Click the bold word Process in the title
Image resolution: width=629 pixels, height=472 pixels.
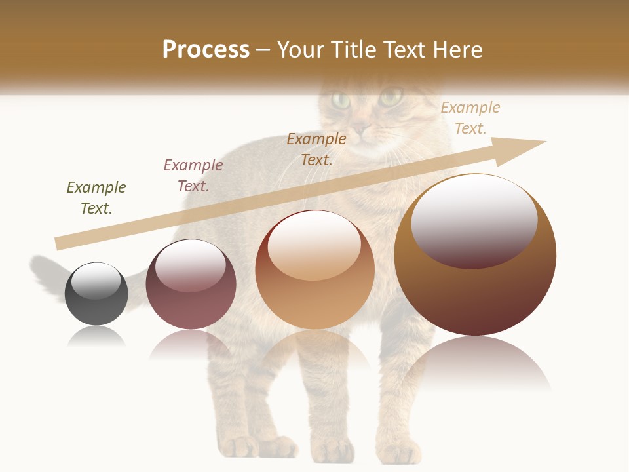click(x=206, y=50)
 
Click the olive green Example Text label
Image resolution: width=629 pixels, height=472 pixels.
click(x=96, y=198)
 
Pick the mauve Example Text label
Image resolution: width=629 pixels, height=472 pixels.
click(x=193, y=176)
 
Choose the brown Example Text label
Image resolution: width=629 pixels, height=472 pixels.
click(x=316, y=149)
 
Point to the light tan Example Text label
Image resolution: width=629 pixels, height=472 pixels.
click(x=470, y=118)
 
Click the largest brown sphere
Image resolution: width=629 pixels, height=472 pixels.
click(x=475, y=288)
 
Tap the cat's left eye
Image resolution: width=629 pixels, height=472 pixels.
click(x=341, y=100)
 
